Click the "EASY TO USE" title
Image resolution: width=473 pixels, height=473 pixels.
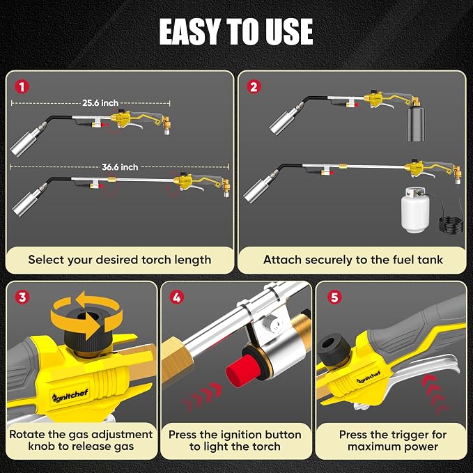(236, 31)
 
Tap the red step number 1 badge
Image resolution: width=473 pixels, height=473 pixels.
(22, 87)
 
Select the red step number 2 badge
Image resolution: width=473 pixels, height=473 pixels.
(254, 87)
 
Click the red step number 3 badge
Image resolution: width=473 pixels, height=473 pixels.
(22, 297)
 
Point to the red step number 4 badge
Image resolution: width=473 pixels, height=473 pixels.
(177, 297)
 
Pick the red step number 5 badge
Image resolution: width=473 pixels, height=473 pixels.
(334, 297)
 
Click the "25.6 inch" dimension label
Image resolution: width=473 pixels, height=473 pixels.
(100, 103)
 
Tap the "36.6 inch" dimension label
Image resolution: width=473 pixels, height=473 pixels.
(120, 166)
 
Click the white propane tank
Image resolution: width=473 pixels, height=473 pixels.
(414, 210)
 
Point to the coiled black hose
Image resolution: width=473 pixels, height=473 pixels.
(451, 224)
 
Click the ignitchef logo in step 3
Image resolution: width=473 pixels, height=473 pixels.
(70, 396)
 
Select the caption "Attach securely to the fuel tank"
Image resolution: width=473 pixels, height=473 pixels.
(353, 260)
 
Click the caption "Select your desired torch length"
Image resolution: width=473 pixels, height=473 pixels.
(119, 260)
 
